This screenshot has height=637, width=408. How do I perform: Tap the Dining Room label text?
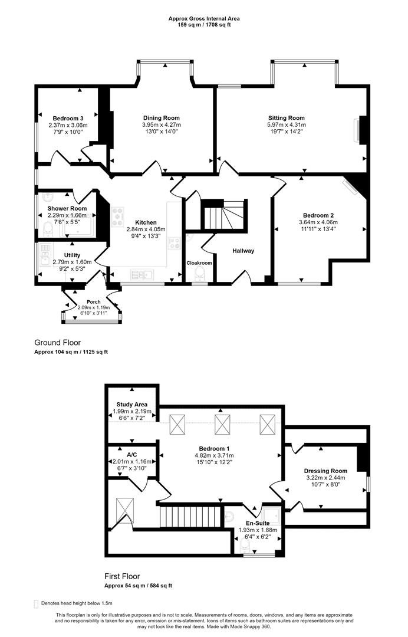pyautogui.click(x=161, y=118)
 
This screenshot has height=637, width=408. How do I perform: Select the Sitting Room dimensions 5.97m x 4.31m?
pyautogui.click(x=286, y=125)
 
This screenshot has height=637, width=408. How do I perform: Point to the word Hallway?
pyautogui.click(x=243, y=251)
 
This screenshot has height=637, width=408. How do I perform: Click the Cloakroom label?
pyautogui.click(x=199, y=263)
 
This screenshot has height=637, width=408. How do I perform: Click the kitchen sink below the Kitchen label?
pyautogui.click(x=141, y=273)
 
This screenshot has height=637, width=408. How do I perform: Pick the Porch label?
pyautogui.click(x=94, y=301)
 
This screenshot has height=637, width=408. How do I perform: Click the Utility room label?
pyautogui.click(x=72, y=255)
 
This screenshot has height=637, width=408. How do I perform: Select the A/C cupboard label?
pyautogui.click(x=132, y=454)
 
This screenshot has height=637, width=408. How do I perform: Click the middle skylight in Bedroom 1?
pyautogui.click(x=222, y=424)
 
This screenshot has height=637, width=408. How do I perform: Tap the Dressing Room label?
pyautogui.click(x=325, y=471)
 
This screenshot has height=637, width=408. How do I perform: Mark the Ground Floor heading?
pyautogui.click(x=57, y=342)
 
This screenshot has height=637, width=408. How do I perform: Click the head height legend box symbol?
pyautogui.click(x=37, y=603)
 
